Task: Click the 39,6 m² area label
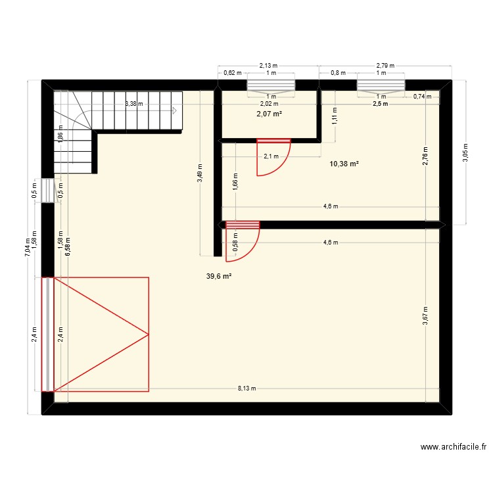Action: click(219, 277)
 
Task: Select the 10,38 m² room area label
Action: click(344, 164)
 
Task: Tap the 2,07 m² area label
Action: click(269, 114)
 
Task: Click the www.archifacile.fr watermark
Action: click(453, 447)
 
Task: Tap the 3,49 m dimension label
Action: click(200, 174)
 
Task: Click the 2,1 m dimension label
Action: click(271, 156)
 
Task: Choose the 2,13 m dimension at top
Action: click(268, 66)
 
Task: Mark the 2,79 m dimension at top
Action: click(385, 66)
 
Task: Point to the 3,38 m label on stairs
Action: click(135, 104)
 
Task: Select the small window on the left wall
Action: click(47, 191)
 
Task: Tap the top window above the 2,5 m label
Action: click(381, 84)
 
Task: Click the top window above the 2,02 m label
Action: click(271, 84)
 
